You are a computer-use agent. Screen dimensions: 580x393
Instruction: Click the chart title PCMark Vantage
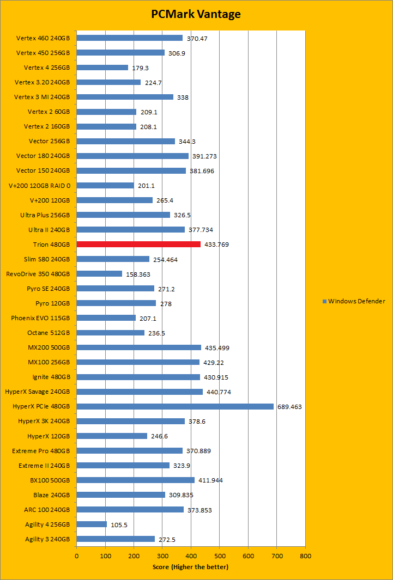[196, 15]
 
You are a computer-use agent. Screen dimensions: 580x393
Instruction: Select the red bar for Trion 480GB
[138, 244]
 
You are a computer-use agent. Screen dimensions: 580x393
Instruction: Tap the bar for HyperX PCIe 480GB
[175, 406]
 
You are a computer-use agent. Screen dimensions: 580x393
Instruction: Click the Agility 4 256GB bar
[92, 524]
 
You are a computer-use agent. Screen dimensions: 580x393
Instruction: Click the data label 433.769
[216, 245]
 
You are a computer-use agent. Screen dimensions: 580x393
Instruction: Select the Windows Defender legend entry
[354, 301]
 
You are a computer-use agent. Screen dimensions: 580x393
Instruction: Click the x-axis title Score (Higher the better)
[191, 567]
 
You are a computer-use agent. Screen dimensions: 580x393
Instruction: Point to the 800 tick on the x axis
[305, 557]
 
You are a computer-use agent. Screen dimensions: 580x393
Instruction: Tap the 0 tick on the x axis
[76, 557]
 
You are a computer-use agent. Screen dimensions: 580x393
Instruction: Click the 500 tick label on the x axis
[219, 557]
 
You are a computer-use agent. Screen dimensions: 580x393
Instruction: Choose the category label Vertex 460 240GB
[43, 38]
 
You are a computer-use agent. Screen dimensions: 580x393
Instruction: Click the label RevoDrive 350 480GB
[38, 273]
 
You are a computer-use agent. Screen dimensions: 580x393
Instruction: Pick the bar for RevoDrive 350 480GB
[99, 273]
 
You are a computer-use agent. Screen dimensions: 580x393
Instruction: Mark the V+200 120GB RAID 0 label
[40, 185]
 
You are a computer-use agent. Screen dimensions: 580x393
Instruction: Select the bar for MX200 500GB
[138, 347]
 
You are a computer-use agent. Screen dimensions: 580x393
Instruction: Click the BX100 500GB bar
[135, 480]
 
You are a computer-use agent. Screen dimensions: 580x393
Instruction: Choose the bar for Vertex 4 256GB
[102, 68]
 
